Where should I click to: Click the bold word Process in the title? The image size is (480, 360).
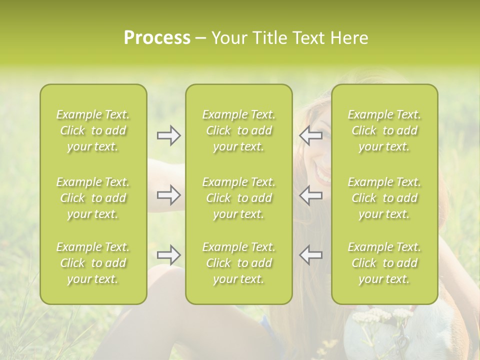pyautogui.click(x=157, y=38)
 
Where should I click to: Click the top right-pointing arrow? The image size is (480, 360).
pyautogui.click(x=168, y=135)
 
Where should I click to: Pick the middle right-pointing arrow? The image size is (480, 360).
pyautogui.click(x=168, y=195)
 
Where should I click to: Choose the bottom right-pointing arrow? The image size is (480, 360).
pyautogui.click(x=168, y=255)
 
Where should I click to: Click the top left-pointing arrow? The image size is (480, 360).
pyautogui.click(x=311, y=135)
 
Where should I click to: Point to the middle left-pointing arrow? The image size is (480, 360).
pyautogui.click(x=311, y=195)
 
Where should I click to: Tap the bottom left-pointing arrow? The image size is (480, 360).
pyautogui.click(x=311, y=255)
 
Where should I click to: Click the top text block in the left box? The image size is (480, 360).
pyautogui.click(x=93, y=130)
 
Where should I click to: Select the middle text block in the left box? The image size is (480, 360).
pyautogui.click(x=93, y=198)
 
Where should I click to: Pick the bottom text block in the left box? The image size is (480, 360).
pyautogui.click(x=93, y=263)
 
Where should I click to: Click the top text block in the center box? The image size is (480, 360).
pyautogui.click(x=239, y=130)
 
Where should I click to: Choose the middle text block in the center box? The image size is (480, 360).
pyautogui.click(x=239, y=198)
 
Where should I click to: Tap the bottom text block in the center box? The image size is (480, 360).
pyautogui.click(x=239, y=263)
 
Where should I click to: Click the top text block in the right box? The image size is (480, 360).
pyautogui.click(x=384, y=130)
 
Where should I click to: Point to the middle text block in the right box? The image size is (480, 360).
pyautogui.click(x=384, y=198)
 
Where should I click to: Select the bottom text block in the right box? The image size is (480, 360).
pyautogui.click(x=384, y=263)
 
